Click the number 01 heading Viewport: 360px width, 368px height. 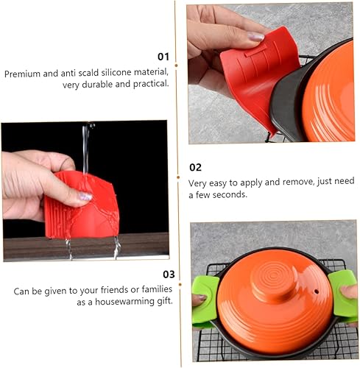tap(163, 57)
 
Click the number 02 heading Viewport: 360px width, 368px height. tap(195, 167)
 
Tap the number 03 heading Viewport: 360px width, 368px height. tap(169, 275)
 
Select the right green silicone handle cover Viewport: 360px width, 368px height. tap(342, 296)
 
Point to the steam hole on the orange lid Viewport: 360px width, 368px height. tap(317, 291)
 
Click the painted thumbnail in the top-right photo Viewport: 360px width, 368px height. tap(255, 37)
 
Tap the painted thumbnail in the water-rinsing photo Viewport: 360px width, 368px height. tap(85, 197)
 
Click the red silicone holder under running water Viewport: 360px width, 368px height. tap(82, 205)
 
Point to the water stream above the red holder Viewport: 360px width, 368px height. tap(86, 147)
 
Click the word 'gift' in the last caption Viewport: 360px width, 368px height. tap(164, 301)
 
